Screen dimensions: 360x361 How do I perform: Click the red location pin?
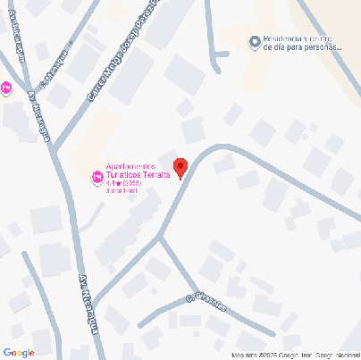[x=180, y=167]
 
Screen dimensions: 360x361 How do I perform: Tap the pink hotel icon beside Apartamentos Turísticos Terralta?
[x=97, y=179]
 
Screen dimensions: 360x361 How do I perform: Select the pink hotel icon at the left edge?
[x=6, y=88]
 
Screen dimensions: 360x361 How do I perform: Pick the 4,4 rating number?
[x=111, y=183]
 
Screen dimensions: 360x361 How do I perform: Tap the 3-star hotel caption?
[x=122, y=191]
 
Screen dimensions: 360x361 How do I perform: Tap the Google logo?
[x=19, y=353]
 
